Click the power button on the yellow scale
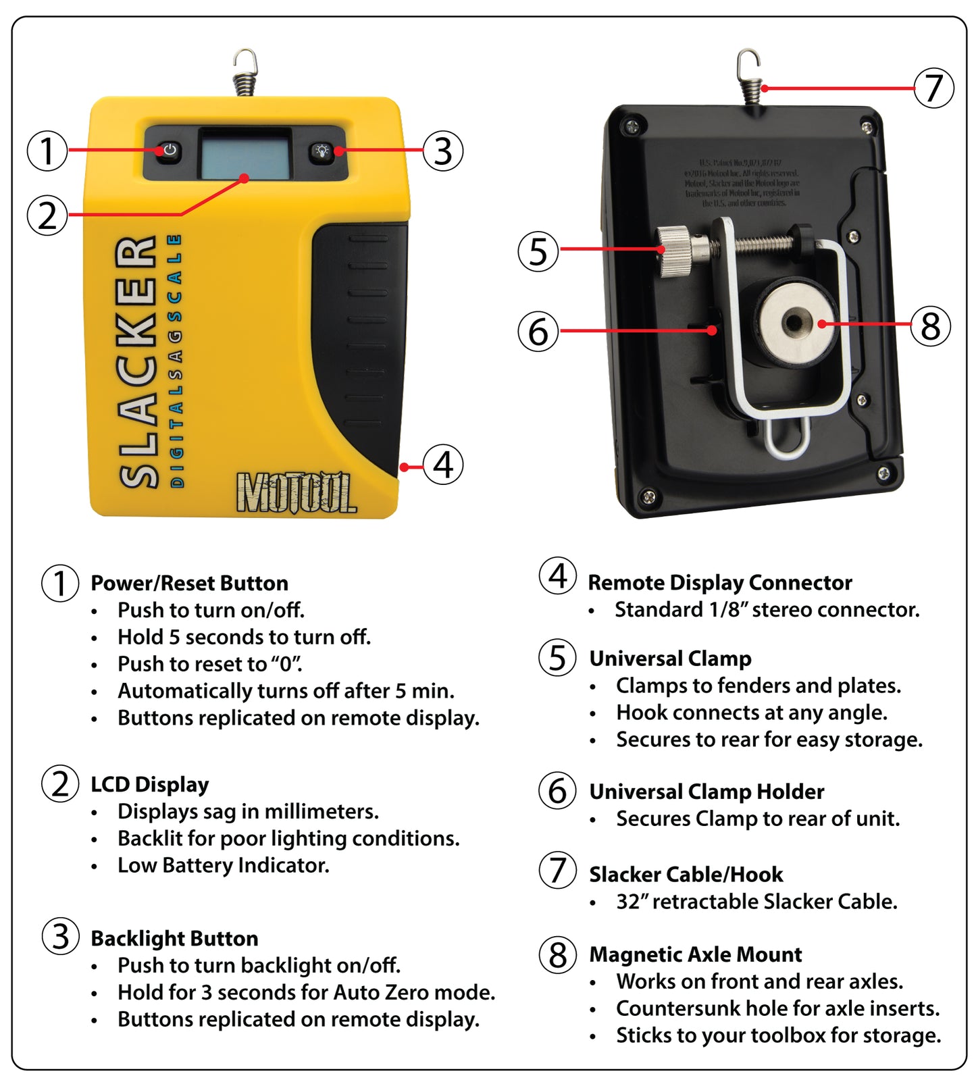pyautogui.click(x=170, y=150)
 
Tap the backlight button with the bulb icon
pyautogui.click(x=322, y=151)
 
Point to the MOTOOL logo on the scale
pyautogui.click(x=296, y=492)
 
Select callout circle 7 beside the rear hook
pyautogui.click(x=933, y=88)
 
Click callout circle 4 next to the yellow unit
pyautogui.click(x=443, y=465)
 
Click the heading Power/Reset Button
pyautogui.click(x=189, y=583)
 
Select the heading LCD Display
pyautogui.click(x=149, y=784)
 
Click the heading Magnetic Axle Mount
pyautogui.click(x=695, y=954)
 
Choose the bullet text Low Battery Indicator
pyautogui.click(x=223, y=865)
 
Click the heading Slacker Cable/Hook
pyautogui.click(x=686, y=875)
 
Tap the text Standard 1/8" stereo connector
pyautogui.click(x=767, y=610)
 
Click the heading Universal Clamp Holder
pyautogui.click(x=707, y=792)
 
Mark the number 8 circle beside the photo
pyautogui.click(x=930, y=326)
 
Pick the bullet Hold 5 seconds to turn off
pyautogui.click(x=244, y=637)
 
